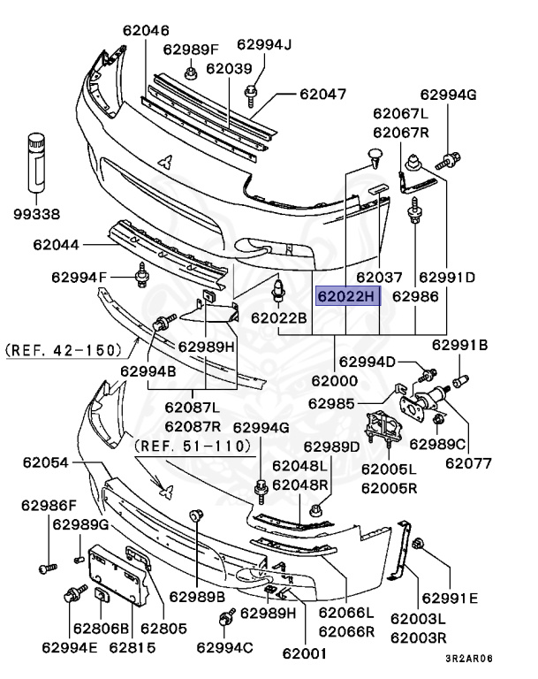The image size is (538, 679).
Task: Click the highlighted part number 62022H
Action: pos(347,296)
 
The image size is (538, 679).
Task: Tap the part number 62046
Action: pos(146,29)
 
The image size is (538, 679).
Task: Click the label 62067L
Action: pos(400,113)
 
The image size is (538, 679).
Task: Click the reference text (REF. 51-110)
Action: pos(193,446)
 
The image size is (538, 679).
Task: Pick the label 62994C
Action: pos(224,648)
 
